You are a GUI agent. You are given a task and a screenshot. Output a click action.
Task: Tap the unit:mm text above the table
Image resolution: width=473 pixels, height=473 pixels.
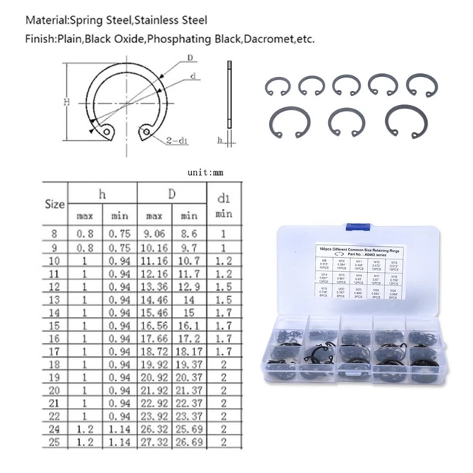point(205,171)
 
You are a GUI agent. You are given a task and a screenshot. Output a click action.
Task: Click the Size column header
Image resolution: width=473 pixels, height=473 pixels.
point(55,203)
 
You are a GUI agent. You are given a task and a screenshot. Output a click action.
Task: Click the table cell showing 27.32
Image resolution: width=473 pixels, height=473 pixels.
point(154,443)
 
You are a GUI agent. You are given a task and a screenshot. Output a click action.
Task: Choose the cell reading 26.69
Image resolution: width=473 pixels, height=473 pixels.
point(190,443)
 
